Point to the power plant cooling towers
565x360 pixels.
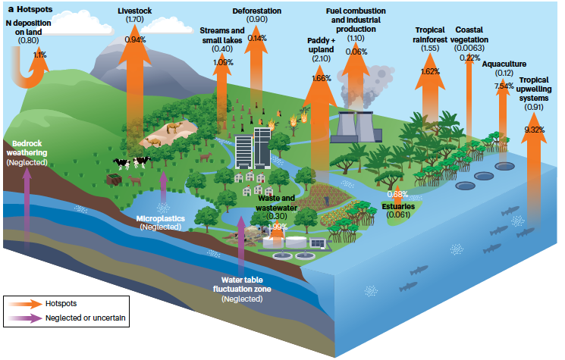pyautogui.click(x=357, y=126)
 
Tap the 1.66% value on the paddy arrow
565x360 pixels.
pyautogui.click(x=322, y=78)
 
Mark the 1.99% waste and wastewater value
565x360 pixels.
pyautogui.click(x=278, y=227)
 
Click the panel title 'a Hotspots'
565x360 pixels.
pyautogui.click(x=29, y=10)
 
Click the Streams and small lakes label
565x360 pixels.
pyautogui.click(x=222, y=35)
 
